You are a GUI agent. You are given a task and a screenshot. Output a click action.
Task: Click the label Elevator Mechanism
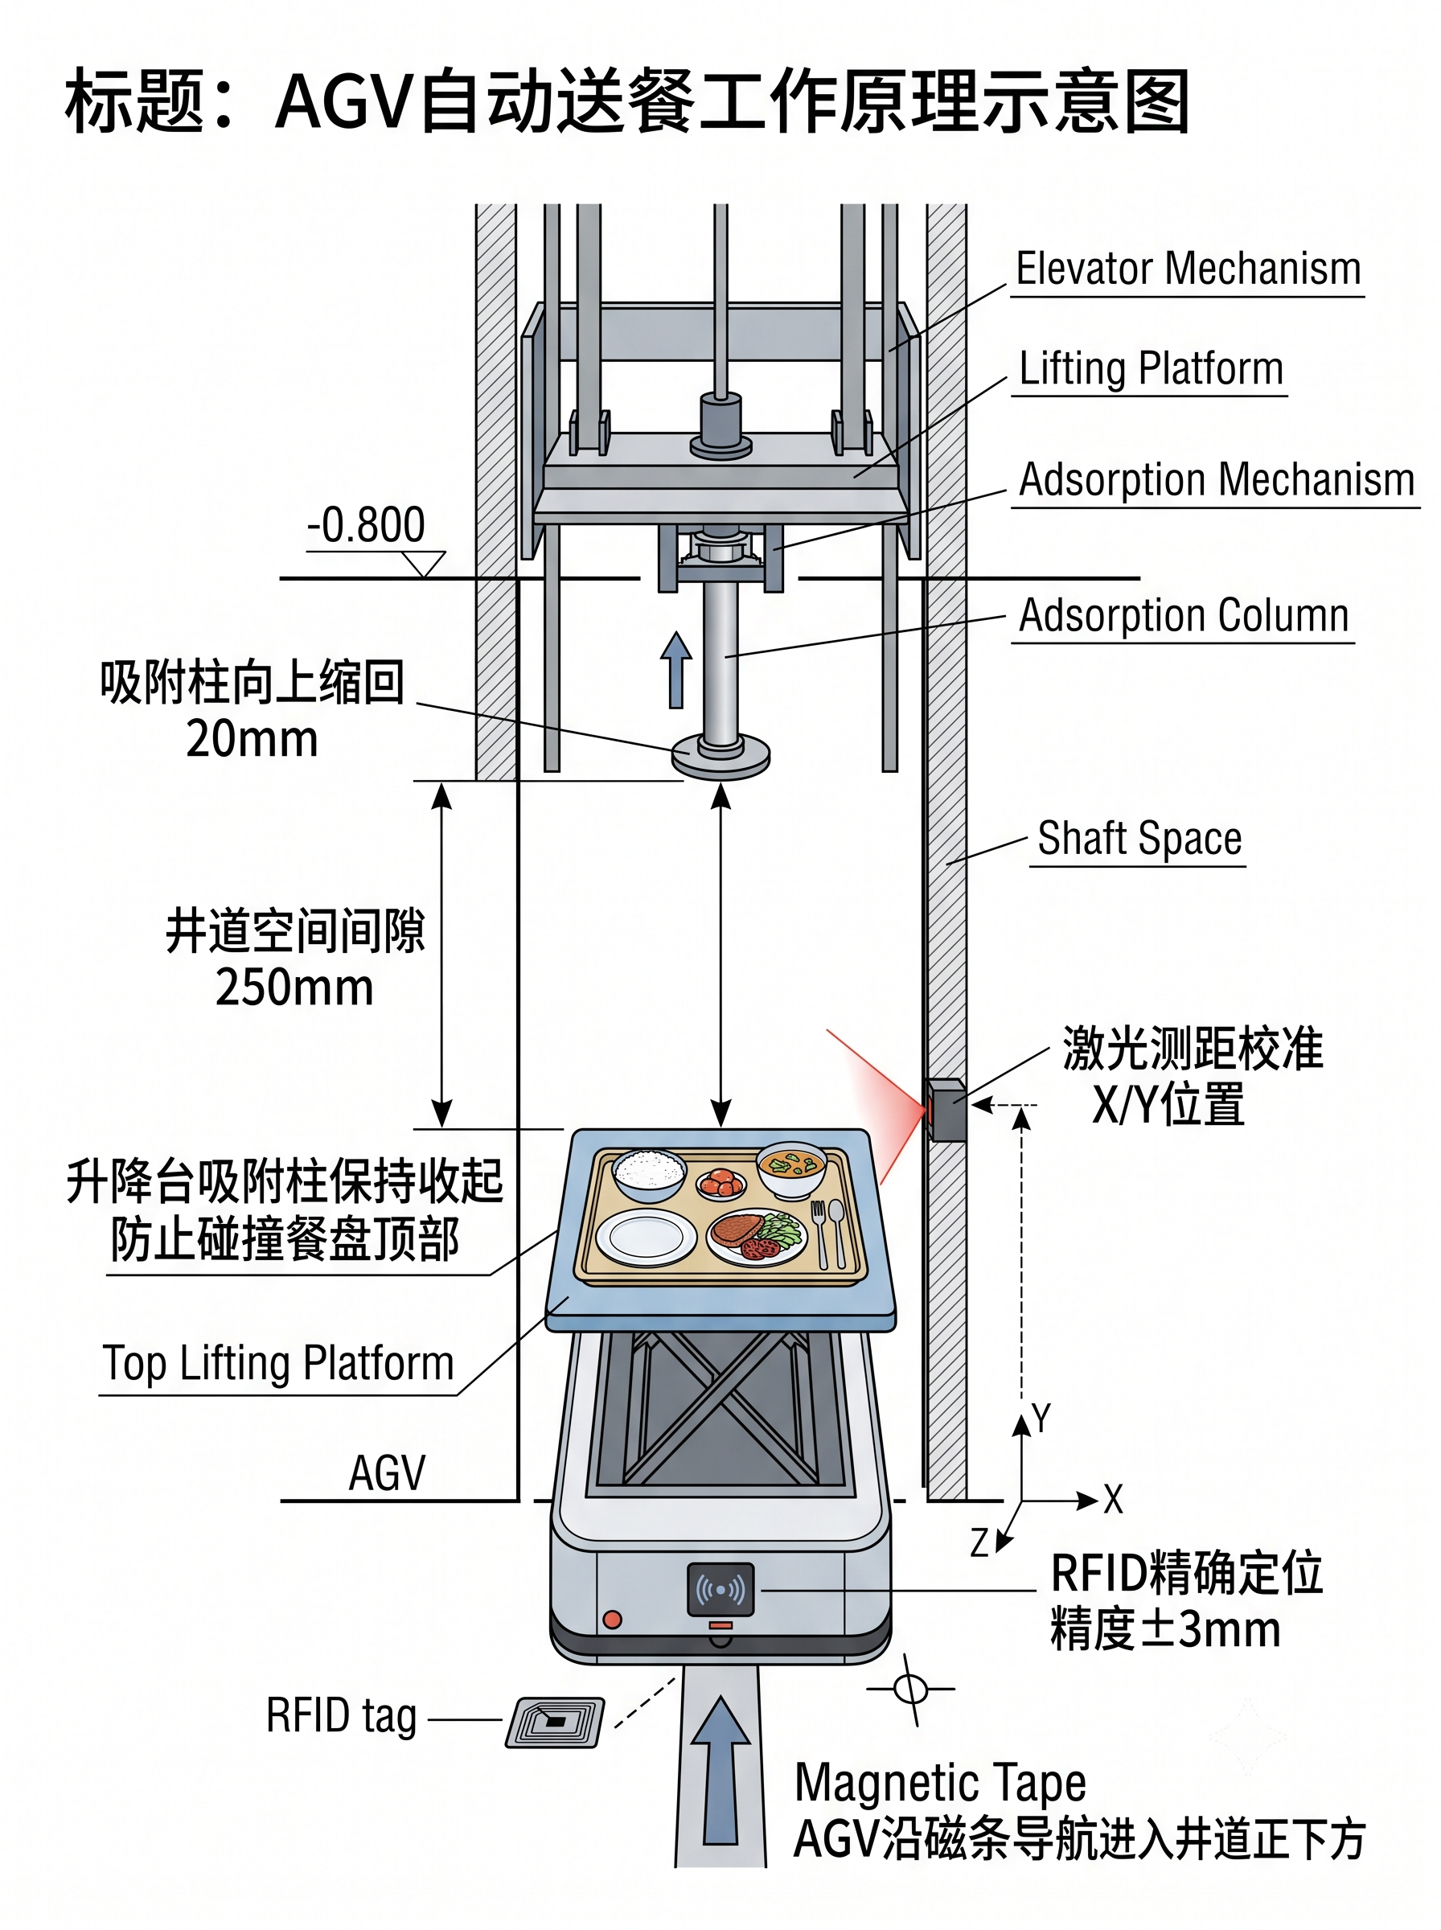pyautogui.click(x=1188, y=269)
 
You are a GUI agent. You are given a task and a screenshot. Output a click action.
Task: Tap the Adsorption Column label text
pyautogui.click(x=1184, y=616)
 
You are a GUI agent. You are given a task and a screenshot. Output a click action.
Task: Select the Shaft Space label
pyautogui.click(x=1139, y=839)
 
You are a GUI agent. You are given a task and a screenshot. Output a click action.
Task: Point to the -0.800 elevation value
pyautogui.click(x=366, y=525)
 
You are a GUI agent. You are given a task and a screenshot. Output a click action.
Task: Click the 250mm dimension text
pyautogui.click(x=295, y=988)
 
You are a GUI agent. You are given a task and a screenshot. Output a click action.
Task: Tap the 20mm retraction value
pyautogui.click(x=252, y=740)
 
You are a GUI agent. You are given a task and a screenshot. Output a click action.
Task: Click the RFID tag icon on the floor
pyautogui.click(x=555, y=1722)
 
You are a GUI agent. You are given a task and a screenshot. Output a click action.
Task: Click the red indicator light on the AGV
pyautogui.click(x=612, y=1620)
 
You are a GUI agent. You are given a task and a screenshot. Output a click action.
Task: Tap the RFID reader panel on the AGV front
pyautogui.click(x=720, y=1590)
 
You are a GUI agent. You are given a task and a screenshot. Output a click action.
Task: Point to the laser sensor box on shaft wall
pyautogui.click(x=946, y=1109)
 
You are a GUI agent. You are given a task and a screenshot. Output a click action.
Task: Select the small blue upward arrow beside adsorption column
pyautogui.click(x=676, y=669)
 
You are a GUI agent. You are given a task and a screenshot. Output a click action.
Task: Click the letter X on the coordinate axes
pyautogui.click(x=1113, y=1499)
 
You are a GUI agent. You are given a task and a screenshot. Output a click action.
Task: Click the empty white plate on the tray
pyautogui.click(x=647, y=1237)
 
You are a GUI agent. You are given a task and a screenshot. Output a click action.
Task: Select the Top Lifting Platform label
pyautogui.click(x=278, y=1362)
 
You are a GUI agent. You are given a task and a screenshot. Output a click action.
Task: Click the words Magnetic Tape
pyautogui.click(x=940, y=1783)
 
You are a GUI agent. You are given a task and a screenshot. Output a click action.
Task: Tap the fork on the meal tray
pyautogui.click(x=819, y=1231)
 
